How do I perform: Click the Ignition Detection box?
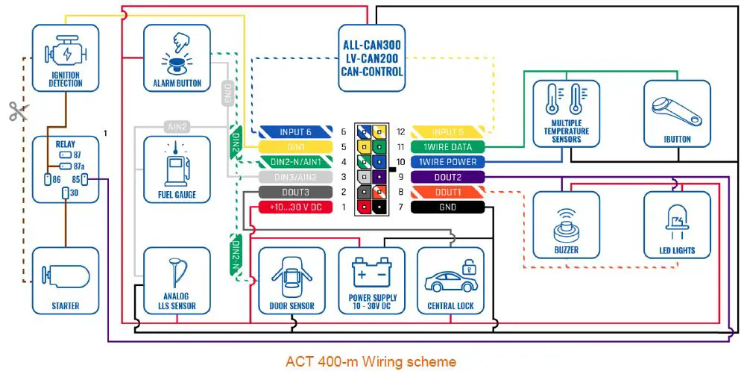tap(66, 57)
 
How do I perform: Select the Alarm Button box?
tap(177, 57)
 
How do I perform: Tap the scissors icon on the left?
tap(18, 111)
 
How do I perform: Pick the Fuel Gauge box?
tap(177, 169)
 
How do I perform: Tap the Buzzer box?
tap(566, 225)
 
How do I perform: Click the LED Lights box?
tap(677, 225)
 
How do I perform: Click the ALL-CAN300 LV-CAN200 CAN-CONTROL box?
tap(372, 58)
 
